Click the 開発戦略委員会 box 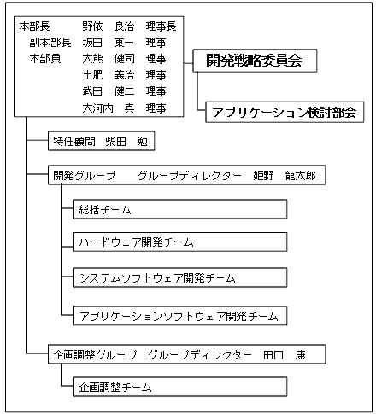255,61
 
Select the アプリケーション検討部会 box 285,112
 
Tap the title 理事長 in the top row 162,26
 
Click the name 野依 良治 109,26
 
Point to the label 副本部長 50,43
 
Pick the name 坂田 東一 109,43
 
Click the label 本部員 45,59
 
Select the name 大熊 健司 109,59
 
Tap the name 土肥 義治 109,75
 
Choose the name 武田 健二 109,91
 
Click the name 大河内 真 109,108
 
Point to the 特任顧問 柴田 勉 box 102,141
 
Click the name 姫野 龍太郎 285,176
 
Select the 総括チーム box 180,209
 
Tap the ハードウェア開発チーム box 180,242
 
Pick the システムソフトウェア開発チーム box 180,277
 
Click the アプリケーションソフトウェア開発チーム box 180,316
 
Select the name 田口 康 285,355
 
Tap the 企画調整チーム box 180,387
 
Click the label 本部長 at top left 35,26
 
